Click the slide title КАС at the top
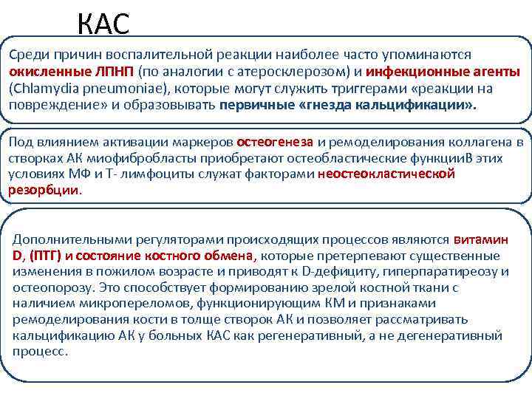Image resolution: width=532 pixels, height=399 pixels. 103,24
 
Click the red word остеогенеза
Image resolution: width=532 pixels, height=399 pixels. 275,141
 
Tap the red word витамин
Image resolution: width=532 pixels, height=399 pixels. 480,240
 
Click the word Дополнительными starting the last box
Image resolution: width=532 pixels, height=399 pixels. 61,240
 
